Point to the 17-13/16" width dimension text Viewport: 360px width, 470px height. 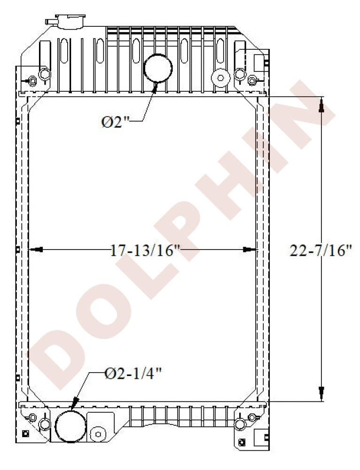click(x=145, y=250)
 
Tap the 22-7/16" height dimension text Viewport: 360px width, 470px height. click(x=321, y=251)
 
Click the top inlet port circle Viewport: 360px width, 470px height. click(x=158, y=67)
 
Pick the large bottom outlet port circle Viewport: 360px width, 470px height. click(x=70, y=426)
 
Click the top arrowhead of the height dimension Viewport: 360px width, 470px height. click(x=321, y=104)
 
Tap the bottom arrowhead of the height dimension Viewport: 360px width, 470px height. click(x=321, y=394)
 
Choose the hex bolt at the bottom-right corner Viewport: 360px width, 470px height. click(x=252, y=417)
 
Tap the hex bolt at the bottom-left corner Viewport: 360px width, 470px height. click(x=32, y=417)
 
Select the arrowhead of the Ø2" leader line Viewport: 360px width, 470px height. click(x=155, y=88)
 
